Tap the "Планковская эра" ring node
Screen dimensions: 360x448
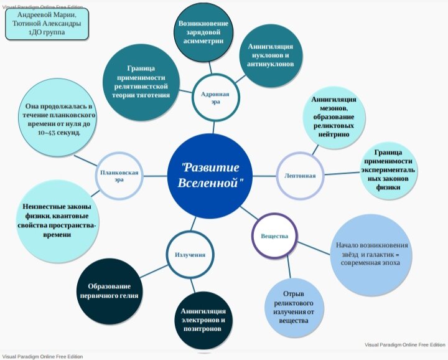(119, 175)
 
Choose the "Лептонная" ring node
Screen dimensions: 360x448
(301, 175)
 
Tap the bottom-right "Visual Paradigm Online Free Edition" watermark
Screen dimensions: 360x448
(404, 344)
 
